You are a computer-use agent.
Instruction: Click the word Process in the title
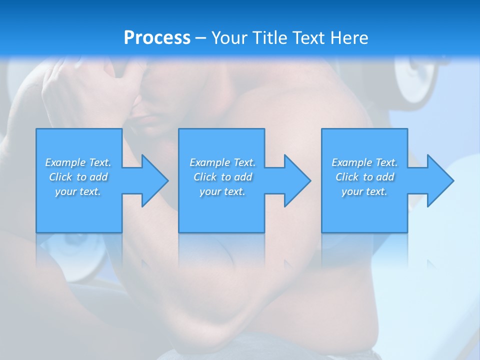point(157,38)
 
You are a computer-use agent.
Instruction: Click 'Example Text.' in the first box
point(78,162)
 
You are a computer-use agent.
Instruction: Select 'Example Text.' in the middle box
point(222,162)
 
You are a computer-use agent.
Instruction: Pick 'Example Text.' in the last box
point(364,162)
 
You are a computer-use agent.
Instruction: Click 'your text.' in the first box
point(78,191)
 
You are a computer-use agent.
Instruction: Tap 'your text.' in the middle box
point(222,191)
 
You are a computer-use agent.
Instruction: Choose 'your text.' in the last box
point(364,191)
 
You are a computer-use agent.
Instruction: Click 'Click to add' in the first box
point(78,177)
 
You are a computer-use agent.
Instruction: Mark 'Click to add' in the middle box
point(222,177)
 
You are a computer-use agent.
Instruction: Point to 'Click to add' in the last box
point(364,177)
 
